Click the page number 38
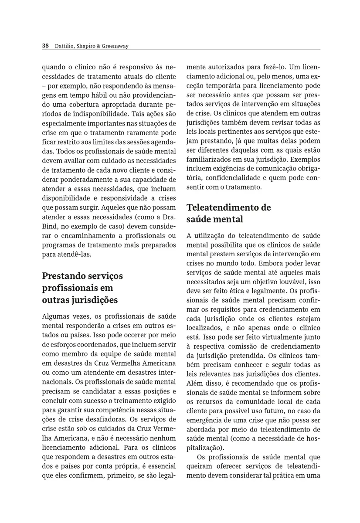45,46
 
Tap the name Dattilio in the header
63,46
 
